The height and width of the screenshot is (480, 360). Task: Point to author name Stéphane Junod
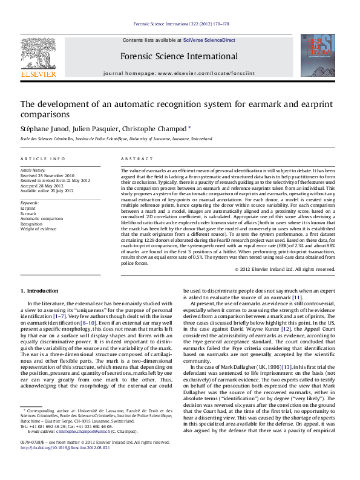[x=45, y=128]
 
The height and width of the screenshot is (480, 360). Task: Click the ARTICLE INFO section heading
[x=43, y=158]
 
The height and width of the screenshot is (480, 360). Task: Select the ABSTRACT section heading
[x=137, y=158]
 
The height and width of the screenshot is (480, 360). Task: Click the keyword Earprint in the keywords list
[x=28, y=207]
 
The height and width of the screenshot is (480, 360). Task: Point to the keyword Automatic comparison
[x=42, y=218]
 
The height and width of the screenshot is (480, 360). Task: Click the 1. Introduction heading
[x=39, y=291]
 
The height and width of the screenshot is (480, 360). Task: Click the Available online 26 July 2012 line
[x=47, y=190]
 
